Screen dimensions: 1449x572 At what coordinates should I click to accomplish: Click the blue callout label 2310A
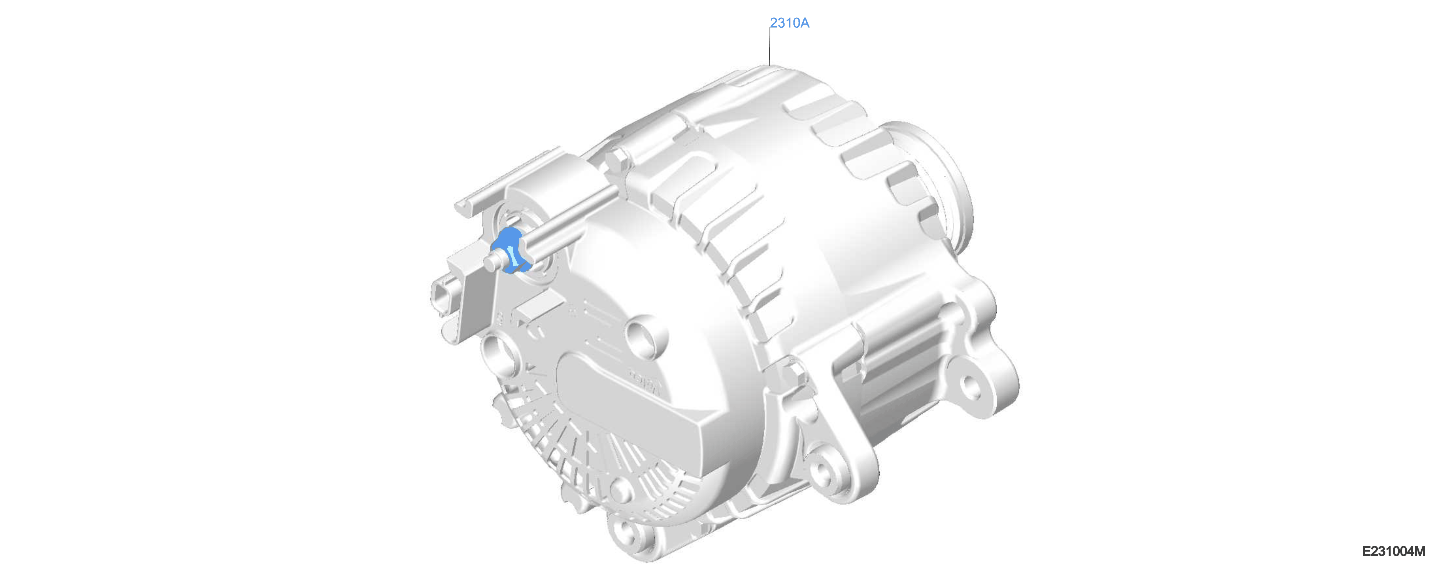pyautogui.click(x=789, y=23)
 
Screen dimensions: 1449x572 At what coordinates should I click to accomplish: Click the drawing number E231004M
pyautogui.click(x=1393, y=551)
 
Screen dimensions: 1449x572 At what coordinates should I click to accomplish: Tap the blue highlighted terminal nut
pyautogui.click(x=510, y=251)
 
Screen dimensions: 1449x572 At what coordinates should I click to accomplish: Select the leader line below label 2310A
pyautogui.click(x=770, y=46)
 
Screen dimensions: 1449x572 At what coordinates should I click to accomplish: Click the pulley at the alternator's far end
pyautogui.click(x=928, y=186)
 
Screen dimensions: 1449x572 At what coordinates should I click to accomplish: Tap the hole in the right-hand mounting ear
pyautogui.click(x=969, y=386)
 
